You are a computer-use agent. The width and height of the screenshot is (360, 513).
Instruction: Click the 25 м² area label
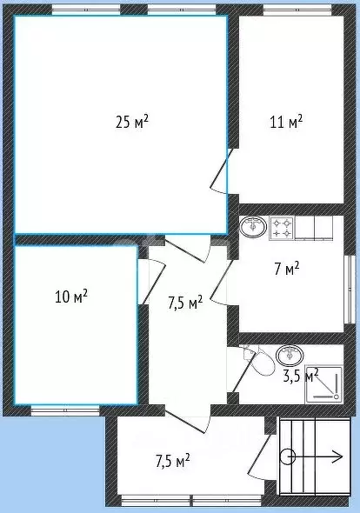coord(131,122)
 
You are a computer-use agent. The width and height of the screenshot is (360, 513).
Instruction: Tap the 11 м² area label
coord(286,122)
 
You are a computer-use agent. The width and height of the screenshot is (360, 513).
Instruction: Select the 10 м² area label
coord(70,296)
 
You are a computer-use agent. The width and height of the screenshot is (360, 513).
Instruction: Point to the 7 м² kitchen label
coord(286,268)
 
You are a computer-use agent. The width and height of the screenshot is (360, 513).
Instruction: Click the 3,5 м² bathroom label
coord(300,376)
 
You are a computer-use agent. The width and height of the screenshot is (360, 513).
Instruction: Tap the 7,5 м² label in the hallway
coord(184,303)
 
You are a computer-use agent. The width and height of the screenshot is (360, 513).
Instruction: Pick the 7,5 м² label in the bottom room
coord(172,459)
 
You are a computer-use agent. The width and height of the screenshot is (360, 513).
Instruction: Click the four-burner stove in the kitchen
coord(282,228)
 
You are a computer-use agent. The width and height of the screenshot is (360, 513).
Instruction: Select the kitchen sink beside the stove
coord(253,228)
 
